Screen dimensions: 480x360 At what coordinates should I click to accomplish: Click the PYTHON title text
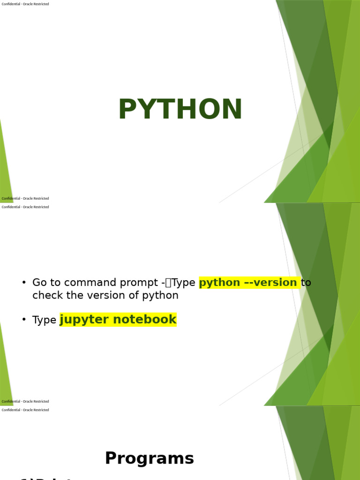click(180, 110)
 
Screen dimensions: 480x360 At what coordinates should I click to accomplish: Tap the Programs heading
click(149, 458)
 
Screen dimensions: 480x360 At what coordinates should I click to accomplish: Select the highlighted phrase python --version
click(248, 283)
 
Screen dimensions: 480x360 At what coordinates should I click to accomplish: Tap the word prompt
click(135, 283)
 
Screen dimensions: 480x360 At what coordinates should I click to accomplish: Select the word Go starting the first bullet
click(38, 283)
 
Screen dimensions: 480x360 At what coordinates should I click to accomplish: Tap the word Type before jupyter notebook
click(44, 320)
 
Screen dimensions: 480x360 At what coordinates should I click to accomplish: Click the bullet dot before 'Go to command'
click(24, 282)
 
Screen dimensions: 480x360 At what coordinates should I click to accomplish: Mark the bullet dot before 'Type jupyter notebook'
click(24, 319)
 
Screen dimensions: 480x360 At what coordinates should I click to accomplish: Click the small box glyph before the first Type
click(168, 283)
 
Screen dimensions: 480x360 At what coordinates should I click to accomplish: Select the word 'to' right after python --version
click(306, 283)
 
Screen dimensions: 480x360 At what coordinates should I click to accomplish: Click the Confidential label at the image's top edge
click(25, 4)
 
